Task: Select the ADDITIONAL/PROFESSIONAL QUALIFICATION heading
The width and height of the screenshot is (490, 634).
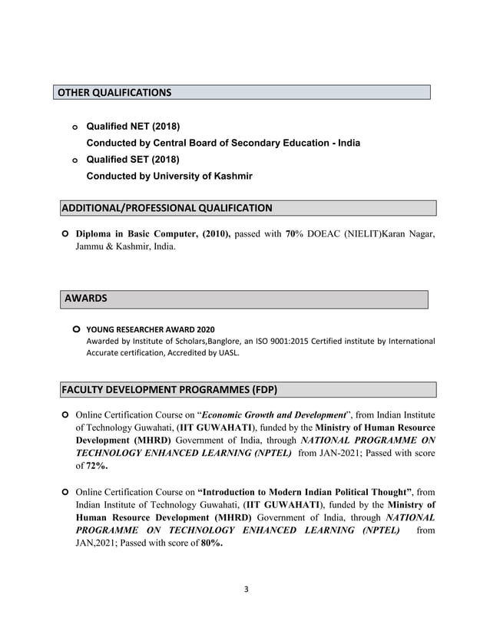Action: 167,208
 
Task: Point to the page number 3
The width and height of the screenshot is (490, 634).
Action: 245,589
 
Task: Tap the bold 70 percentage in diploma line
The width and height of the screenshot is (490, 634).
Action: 289,233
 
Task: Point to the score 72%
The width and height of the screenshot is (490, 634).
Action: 97,466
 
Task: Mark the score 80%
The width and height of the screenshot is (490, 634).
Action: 212,543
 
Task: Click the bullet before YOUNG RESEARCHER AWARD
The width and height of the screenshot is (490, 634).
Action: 75,329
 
